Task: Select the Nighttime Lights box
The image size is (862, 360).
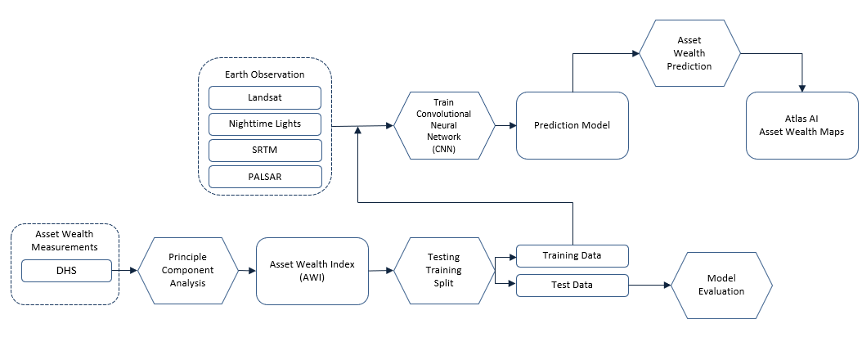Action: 264,124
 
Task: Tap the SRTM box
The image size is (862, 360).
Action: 264,151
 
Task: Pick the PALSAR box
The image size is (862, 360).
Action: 264,176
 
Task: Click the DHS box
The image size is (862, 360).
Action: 65,270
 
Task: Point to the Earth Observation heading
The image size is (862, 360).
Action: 264,74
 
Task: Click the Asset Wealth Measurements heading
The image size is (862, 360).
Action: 65,240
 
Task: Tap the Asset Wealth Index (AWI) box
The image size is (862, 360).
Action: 312,270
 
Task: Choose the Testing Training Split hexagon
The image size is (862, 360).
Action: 444,270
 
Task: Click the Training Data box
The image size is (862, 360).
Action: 572,256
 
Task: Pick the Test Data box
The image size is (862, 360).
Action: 572,286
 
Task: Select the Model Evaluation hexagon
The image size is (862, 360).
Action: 721,285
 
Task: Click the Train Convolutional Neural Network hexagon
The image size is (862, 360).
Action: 444,125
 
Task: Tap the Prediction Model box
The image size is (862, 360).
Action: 572,125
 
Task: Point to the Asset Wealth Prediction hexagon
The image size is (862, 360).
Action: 689,53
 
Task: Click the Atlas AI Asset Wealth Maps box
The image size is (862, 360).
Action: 801,125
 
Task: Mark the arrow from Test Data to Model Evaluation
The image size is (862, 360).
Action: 649,285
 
